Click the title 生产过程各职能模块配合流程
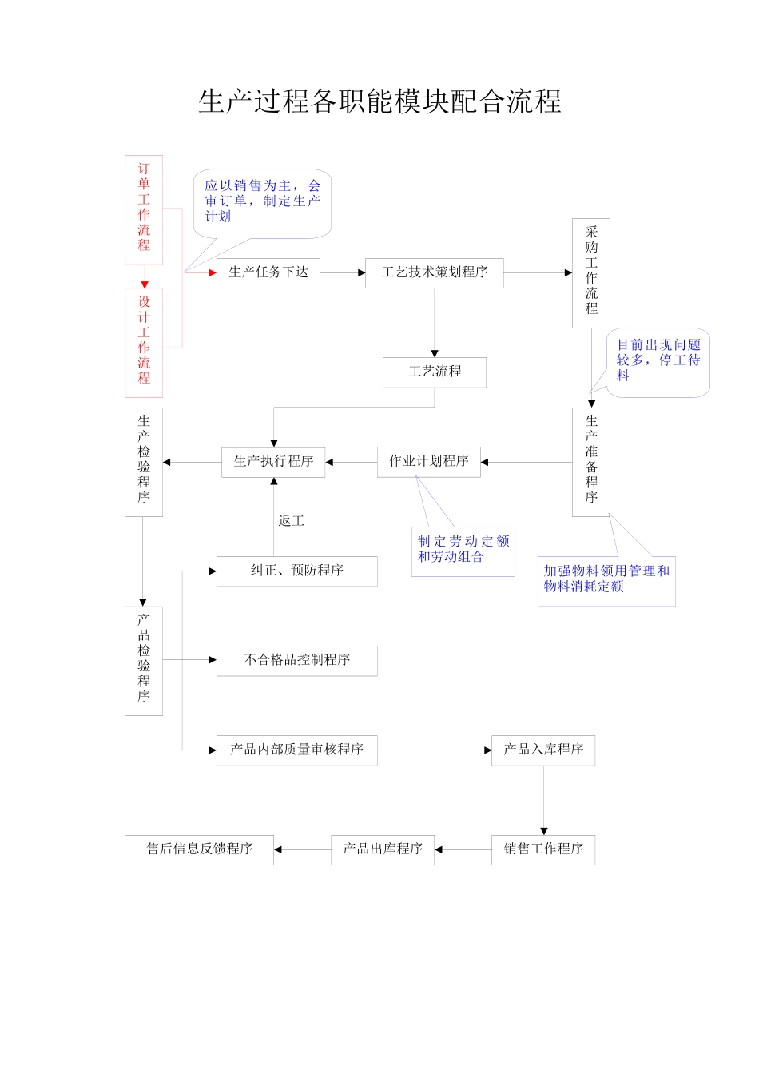379,101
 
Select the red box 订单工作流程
144,209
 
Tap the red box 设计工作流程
144,341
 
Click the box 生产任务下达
268,272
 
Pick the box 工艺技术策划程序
435,272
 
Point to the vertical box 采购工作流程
591,272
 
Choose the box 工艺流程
435,372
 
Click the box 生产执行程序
273,462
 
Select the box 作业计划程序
429,462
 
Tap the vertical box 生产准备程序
591,461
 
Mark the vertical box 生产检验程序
144,461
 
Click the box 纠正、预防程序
297,571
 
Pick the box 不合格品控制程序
297,660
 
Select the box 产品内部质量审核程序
297,750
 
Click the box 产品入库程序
543,750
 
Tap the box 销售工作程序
543,849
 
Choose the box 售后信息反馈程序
200,849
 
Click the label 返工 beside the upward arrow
292,521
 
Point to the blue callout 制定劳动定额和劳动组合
463,550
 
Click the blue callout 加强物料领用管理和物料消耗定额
606,579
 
